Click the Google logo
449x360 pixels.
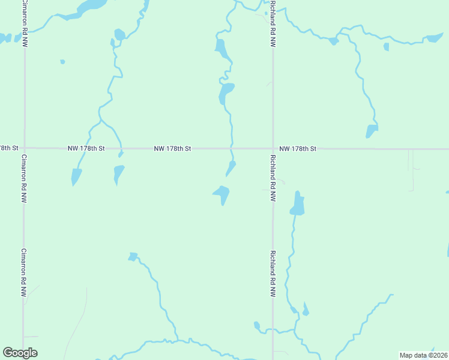pyautogui.click(x=20, y=353)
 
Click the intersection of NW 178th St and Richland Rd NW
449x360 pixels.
pyautogui.click(x=273, y=148)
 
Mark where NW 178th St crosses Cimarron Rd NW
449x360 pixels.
pyautogui.click(x=25, y=148)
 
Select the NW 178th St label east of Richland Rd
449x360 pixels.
pyautogui.click(x=298, y=148)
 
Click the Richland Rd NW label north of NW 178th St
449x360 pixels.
pyautogui.click(x=273, y=24)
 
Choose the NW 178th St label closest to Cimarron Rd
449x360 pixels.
pyautogui.click(x=86, y=148)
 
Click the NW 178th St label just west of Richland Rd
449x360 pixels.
pyautogui.click(x=172, y=148)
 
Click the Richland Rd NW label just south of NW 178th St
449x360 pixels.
pyautogui.click(x=273, y=178)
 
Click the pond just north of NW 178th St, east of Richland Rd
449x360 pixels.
pyautogui.click(x=372, y=130)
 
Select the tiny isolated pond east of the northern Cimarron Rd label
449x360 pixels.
pyautogui.click(x=62, y=61)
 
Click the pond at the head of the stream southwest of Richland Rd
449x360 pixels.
pyautogui.click(x=133, y=256)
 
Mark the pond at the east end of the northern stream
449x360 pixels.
pyautogui.click(x=433, y=38)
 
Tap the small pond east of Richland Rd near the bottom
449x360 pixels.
pyautogui.click(x=306, y=310)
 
